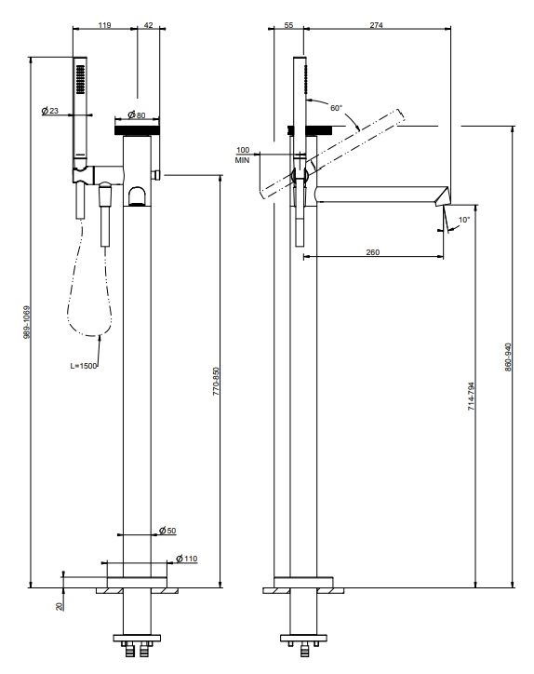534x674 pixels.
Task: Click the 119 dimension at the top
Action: click(x=104, y=25)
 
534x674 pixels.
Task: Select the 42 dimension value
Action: click(x=148, y=25)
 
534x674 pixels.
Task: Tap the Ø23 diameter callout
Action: click(x=50, y=111)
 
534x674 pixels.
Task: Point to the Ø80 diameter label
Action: click(x=137, y=115)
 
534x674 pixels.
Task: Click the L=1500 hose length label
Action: click(x=84, y=366)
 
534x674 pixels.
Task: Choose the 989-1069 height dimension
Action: click(x=27, y=322)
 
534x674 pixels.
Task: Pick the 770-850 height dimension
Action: click(x=216, y=382)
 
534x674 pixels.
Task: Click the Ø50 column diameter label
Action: click(x=167, y=531)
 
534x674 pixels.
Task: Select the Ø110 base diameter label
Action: click(x=187, y=559)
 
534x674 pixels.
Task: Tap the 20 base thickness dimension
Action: click(x=60, y=606)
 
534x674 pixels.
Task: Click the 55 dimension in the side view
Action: click(x=288, y=25)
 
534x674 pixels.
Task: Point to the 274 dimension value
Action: click(x=377, y=25)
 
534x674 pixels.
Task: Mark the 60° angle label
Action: click(x=337, y=108)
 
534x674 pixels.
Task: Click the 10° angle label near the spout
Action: click(x=464, y=220)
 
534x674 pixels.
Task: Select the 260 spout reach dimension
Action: click(x=373, y=252)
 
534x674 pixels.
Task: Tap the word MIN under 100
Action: click(x=242, y=160)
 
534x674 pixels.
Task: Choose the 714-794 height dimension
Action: click(x=472, y=396)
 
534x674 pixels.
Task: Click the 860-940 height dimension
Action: click(x=508, y=357)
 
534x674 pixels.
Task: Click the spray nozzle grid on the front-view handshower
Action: click(x=80, y=79)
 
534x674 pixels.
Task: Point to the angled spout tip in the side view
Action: click(x=444, y=196)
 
